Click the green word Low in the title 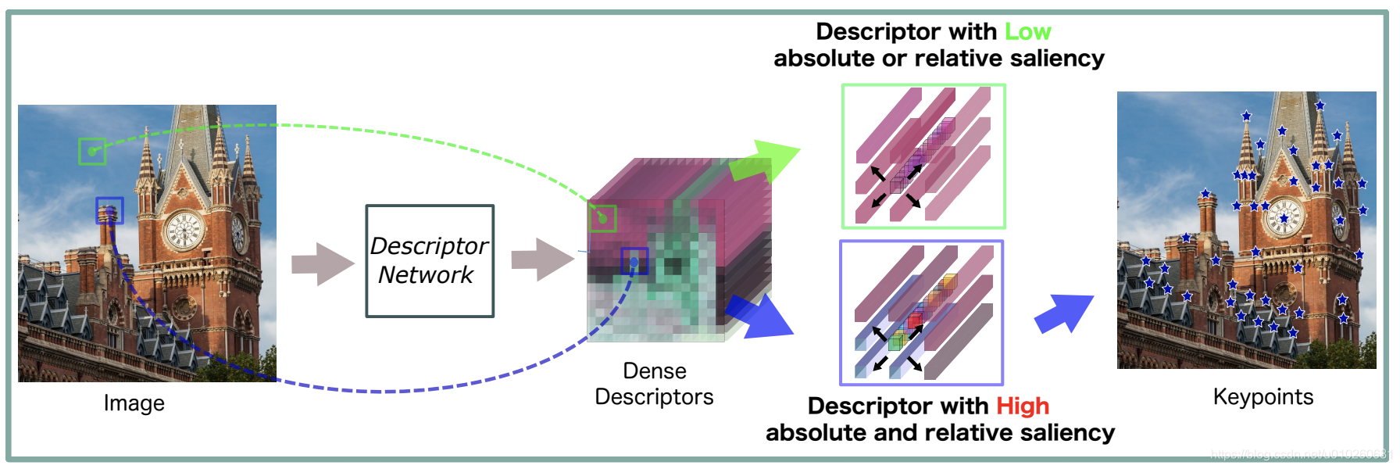pyautogui.click(x=1027, y=32)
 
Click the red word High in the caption pyautogui.click(x=1022, y=406)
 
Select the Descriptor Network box pyautogui.click(x=430, y=261)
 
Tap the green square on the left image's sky pyautogui.click(x=92, y=151)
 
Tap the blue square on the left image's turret pyautogui.click(x=109, y=210)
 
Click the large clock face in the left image pyautogui.click(x=184, y=230)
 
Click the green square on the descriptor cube pyautogui.click(x=602, y=218)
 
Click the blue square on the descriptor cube pyautogui.click(x=634, y=261)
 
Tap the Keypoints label pyautogui.click(x=1262, y=397)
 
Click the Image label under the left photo pyautogui.click(x=134, y=403)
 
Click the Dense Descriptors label pyautogui.click(x=654, y=384)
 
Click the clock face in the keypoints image pyautogui.click(x=1284, y=217)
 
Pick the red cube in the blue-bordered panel pyautogui.click(x=914, y=320)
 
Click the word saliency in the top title pyautogui.click(x=1056, y=59)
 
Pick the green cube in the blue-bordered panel pyautogui.click(x=895, y=342)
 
